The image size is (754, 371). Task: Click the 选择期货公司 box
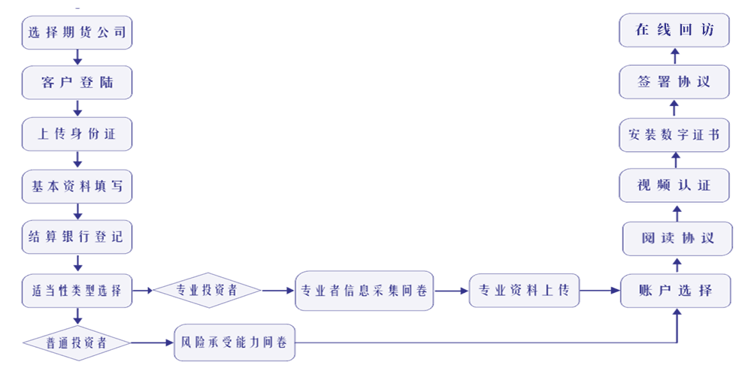[x=77, y=33]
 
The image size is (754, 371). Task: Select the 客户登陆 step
[x=77, y=83]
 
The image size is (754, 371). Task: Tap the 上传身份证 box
[x=77, y=135]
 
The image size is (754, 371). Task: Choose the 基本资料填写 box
[x=77, y=187]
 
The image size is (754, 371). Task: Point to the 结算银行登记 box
[x=77, y=238]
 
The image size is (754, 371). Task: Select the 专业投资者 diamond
[x=207, y=291]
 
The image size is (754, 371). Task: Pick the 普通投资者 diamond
[x=77, y=343]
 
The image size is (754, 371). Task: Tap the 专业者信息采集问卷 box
[x=364, y=291]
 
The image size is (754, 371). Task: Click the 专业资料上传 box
[x=525, y=291]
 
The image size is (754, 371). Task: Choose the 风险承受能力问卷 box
[x=235, y=343]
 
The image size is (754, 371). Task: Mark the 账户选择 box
[x=675, y=291]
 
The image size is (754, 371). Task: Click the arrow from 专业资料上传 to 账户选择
[x=600, y=291]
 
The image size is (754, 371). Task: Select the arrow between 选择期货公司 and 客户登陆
[x=77, y=58]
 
